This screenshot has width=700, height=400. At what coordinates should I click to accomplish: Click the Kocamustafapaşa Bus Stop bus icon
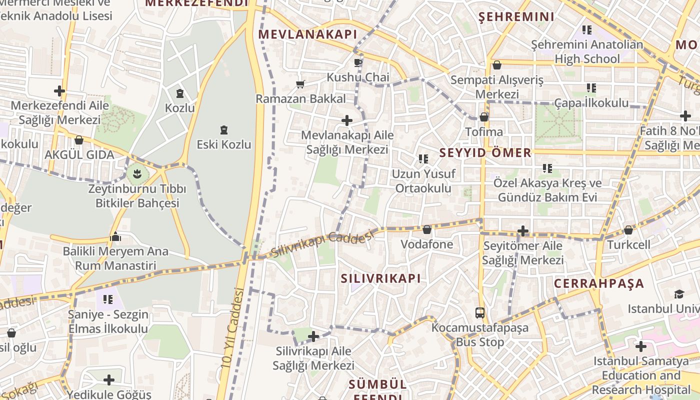480,313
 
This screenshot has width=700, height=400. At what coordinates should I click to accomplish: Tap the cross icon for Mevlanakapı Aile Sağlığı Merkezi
346,120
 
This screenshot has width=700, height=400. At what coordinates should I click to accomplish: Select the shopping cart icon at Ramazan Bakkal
300,84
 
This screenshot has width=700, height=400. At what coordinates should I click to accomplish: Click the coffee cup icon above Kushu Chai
357,62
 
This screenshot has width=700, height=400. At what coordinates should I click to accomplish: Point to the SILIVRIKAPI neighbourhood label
381,278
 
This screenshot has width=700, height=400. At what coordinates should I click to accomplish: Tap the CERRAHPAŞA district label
599,283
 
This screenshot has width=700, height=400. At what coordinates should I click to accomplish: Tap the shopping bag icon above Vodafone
426,229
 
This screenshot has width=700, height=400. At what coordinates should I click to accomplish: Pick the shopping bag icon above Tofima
483,117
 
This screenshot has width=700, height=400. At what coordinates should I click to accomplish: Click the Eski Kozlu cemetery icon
224,130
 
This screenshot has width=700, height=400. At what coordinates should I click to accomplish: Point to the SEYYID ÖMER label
485,152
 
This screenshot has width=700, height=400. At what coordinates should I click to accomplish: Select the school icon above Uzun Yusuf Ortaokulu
423,159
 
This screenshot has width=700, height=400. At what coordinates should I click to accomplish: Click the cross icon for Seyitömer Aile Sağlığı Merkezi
522,231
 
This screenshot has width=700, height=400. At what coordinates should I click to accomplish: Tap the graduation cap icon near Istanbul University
679,294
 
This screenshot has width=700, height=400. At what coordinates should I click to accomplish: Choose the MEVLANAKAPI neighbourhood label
307,34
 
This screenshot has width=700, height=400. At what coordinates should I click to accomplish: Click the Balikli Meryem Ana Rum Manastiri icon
116,236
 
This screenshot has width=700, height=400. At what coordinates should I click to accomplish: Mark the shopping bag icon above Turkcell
628,230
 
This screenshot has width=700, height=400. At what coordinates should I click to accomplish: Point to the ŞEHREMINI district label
516,17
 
